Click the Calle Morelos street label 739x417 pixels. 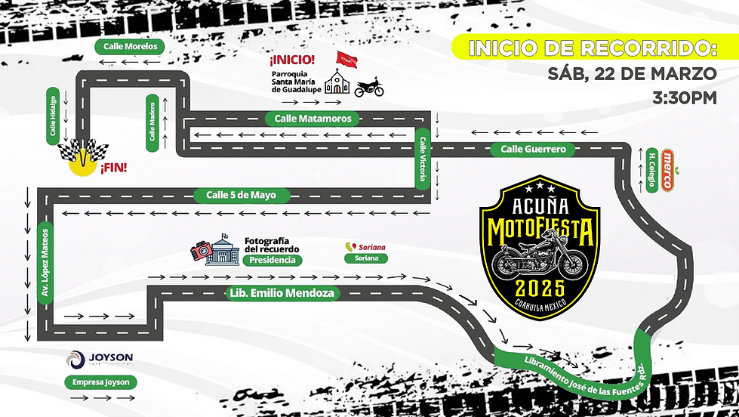131,46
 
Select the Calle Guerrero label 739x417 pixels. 533,150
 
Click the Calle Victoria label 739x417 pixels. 423,158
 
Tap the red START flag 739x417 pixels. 346,61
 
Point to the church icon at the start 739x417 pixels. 337,82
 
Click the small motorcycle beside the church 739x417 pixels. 369,89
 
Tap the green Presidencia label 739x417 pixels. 272,261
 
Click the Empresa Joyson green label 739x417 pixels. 100,382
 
